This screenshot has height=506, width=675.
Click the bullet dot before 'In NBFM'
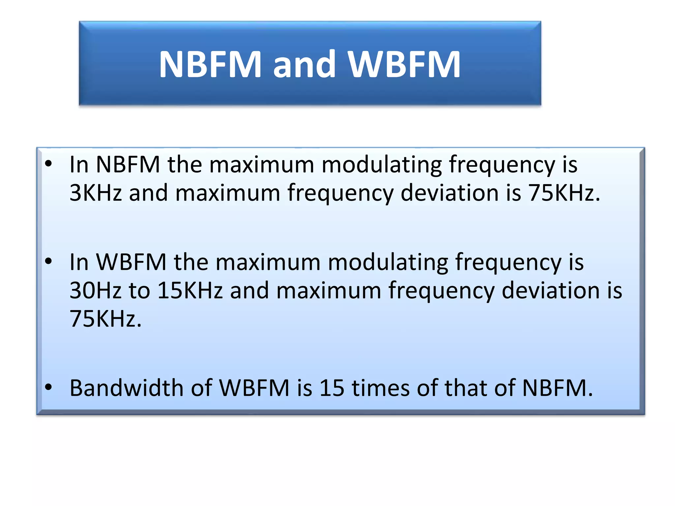coord(48,164)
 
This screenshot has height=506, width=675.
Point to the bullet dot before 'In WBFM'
coord(48,262)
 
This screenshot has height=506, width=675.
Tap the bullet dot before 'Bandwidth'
coord(48,387)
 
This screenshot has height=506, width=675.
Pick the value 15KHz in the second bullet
coord(190,290)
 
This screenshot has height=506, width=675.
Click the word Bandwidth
coord(127,388)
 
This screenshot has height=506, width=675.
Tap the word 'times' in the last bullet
coord(380,388)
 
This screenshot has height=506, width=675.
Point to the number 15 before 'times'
coord(332,388)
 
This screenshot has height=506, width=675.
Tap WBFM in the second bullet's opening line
coord(131,262)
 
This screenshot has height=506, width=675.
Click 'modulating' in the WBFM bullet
coord(388,263)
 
